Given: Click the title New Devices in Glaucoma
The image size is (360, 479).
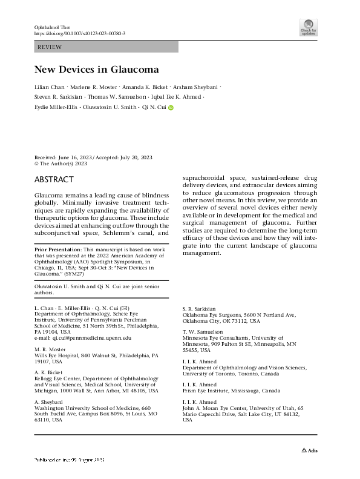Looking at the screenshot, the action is click(96, 69).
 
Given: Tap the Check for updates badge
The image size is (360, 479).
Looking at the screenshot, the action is click(308, 27).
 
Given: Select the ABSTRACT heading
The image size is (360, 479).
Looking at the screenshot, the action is click(54, 180).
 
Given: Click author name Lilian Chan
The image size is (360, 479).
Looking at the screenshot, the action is click(51, 86).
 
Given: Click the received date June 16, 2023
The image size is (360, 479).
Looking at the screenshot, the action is click(71, 156).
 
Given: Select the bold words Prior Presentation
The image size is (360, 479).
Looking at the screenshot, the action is click(57, 266).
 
